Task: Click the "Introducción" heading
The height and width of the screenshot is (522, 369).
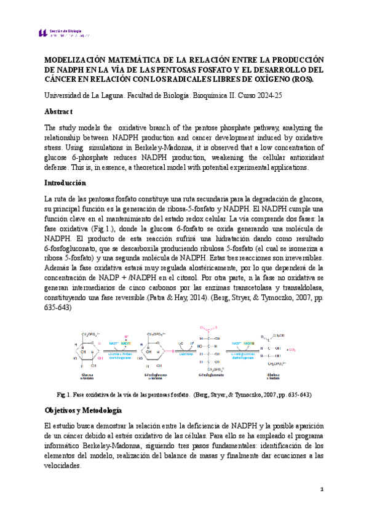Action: (x=66, y=183)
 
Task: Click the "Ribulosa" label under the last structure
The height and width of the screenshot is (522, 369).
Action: (x=271, y=374)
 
